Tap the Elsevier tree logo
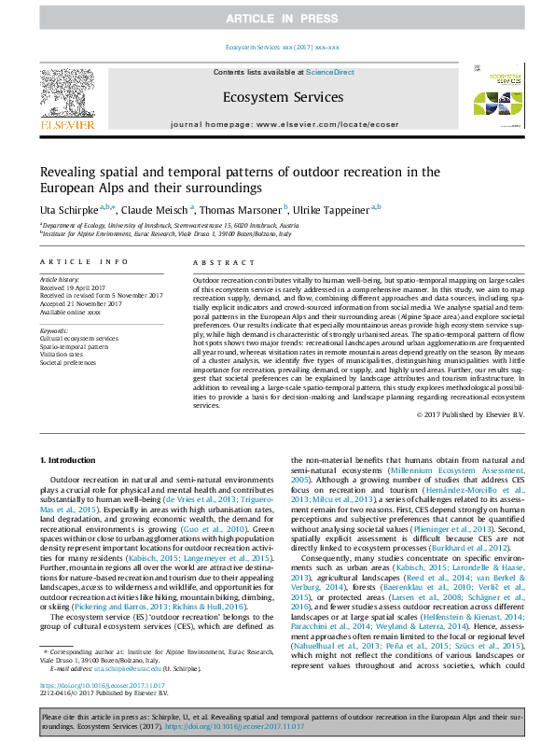66,93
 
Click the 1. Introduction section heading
73,461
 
